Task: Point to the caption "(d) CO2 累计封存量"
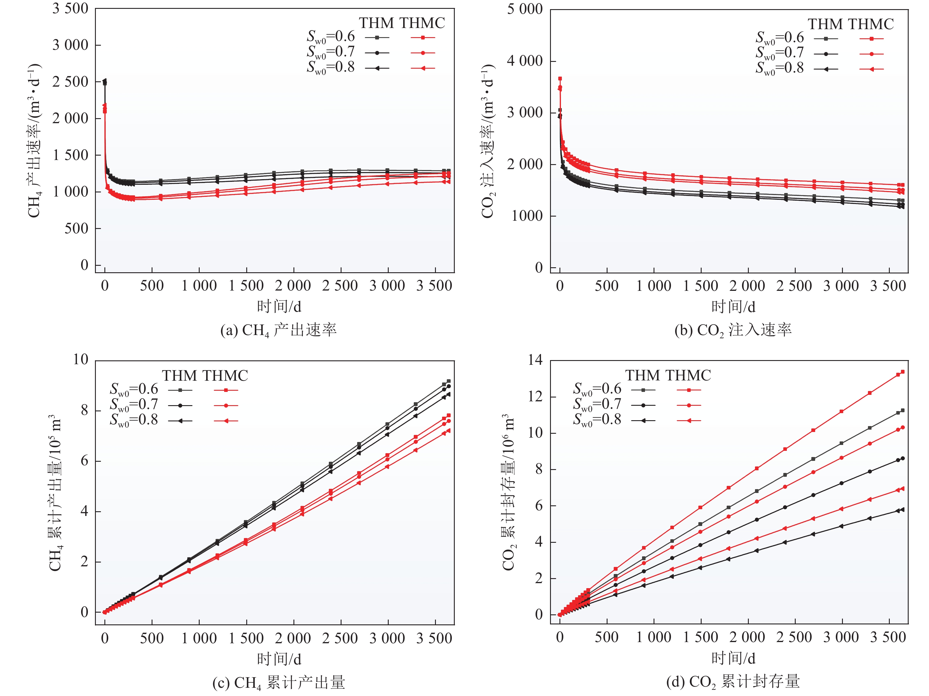click(x=733, y=682)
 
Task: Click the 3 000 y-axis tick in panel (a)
click(x=70, y=45)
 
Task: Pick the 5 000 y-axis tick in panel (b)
click(x=525, y=9)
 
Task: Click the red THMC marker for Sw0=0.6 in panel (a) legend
click(x=423, y=38)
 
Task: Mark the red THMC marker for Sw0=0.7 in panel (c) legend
click(x=226, y=405)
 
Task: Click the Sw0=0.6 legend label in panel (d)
click(x=597, y=389)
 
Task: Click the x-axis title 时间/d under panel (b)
click(x=733, y=307)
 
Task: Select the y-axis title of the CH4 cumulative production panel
click(x=55, y=493)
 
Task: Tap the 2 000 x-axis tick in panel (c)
click(x=293, y=639)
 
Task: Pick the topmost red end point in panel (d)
click(x=902, y=372)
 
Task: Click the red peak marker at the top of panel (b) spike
click(x=560, y=78)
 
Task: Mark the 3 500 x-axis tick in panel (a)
click(x=434, y=286)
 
